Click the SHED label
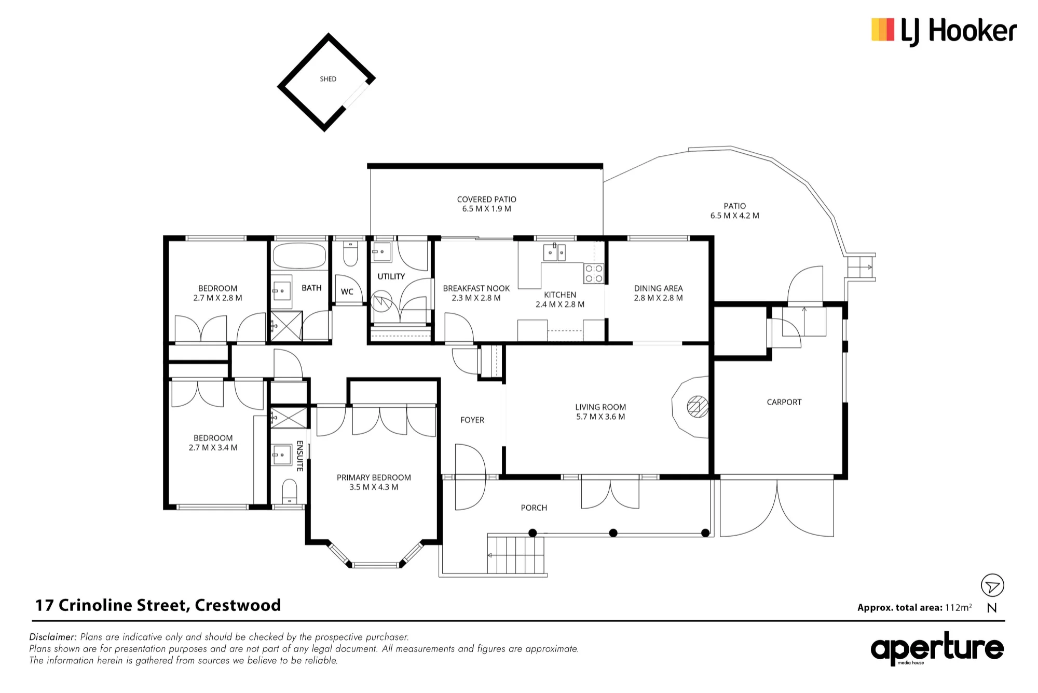[x=328, y=79]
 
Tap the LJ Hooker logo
[x=944, y=31]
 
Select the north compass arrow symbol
[x=992, y=585]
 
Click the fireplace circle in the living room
[x=698, y=407]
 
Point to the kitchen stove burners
[x=594, y=273]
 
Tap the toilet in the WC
[x=350, y=254]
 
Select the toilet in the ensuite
[x=289, y=491]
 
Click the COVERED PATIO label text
[x=487, y=199]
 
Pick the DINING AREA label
[x=658, y=288]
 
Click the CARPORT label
[x=784, y=402]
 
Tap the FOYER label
[x=472, y=420]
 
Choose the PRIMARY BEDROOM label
[x=374, y=477]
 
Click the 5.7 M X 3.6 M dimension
[x=600, y=417]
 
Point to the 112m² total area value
[x=958, y=607]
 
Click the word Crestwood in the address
[x=238, y=605]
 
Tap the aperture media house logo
[x=937, y=648]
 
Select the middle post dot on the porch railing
[x=613, y=533]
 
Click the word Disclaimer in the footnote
[x=53, y=637]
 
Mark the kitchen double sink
[x=554, y=252]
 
